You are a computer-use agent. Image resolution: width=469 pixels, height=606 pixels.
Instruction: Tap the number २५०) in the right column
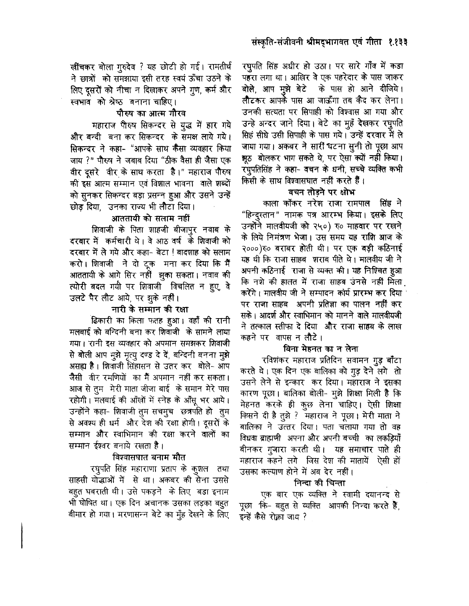click(317, 225)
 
